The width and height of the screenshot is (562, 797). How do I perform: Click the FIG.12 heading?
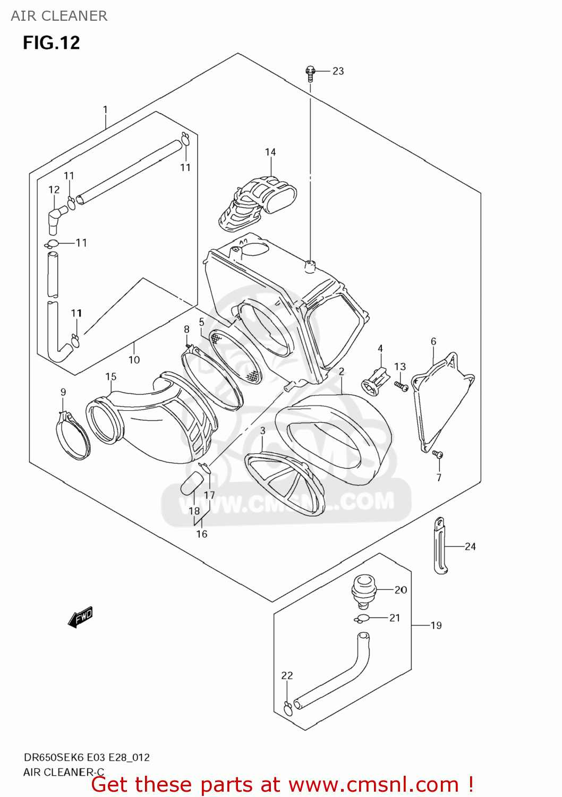[x=51, y=43]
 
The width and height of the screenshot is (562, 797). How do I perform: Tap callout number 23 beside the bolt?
[x=338, y=71]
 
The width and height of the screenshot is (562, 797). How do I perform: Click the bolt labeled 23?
[x=311, y=73]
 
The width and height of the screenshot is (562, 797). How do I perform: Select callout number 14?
[x=270, y=152]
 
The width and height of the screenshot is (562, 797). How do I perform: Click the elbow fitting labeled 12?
[x=56, y=218]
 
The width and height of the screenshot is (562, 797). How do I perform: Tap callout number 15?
[x=110, y=377]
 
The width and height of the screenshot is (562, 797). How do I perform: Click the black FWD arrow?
[x=80, y=618]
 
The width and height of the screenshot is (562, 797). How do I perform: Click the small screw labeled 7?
[x=438, y=454]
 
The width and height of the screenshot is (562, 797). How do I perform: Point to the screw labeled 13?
[x=401, y=386]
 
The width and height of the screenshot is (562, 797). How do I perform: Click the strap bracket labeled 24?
[x=440, y=546]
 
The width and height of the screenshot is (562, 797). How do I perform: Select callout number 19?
[x=436, y=625]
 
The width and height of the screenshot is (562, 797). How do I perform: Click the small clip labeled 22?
[x=287, y=708]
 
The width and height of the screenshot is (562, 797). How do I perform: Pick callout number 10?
[x=134, y=360]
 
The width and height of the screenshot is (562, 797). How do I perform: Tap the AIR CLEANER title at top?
[x=59, y=16]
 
